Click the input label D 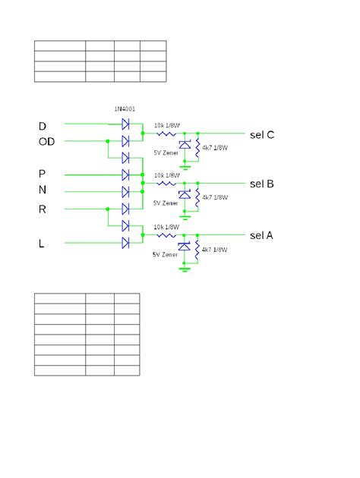click(43, 124)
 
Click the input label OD click(46, 141)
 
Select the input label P click(43, 173)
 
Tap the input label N click(43, 190)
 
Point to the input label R click(43, 209)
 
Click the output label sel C click(262, 135)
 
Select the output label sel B click(262, 184)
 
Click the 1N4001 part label click(125, 108)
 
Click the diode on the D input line click(126, 123)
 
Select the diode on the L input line click(126, 243)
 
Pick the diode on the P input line click(126, 175)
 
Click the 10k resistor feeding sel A click(166, 235)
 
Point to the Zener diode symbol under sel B click(185, 195)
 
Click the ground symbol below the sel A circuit click(185, 266)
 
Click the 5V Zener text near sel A click(166, 254)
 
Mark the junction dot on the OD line click(108, 141)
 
